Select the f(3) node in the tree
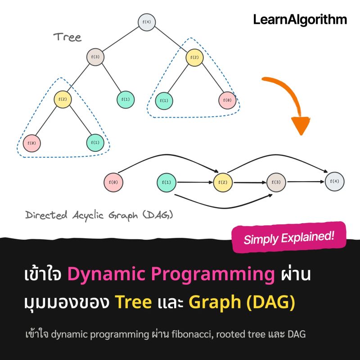tap(95, 57)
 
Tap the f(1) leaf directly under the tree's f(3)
tap(126, 99)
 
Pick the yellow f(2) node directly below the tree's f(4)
tap(194, 57)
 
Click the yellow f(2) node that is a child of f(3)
tap(63, 99)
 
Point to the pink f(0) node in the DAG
tap(113, 182)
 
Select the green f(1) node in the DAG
tap(166, 182)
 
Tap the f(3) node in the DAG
tap(276, 182)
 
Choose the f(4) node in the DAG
tap(334, 182)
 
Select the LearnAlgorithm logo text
tap(300, 19)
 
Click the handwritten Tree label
tap(67, 37)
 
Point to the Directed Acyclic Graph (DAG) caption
tap(99, 215)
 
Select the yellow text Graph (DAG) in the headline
tap(242, 302)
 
